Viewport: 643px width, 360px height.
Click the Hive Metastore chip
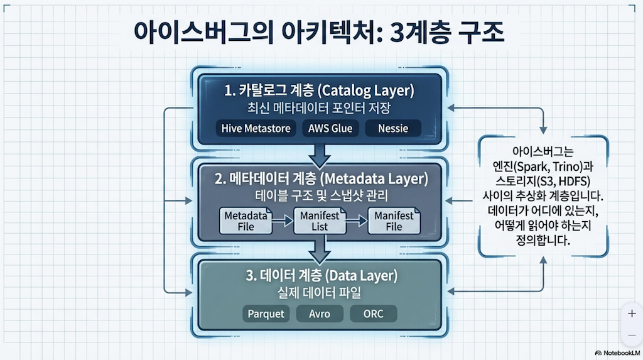256,129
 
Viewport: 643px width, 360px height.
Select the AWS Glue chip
330,129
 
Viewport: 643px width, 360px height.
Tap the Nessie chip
393,129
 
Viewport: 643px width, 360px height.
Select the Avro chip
320,314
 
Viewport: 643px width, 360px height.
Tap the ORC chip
372,314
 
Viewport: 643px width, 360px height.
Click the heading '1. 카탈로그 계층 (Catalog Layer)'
320,90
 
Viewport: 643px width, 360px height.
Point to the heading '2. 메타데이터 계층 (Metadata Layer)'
321,178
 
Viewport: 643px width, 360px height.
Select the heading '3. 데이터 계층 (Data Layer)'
320,275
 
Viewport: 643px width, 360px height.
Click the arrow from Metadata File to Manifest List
283,221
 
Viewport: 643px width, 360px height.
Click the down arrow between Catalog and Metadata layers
320,153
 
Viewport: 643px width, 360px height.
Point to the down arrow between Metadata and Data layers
320,249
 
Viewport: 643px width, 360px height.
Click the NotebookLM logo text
621,353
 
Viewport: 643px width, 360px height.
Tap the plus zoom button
632,314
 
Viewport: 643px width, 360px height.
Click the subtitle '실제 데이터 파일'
320,293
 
